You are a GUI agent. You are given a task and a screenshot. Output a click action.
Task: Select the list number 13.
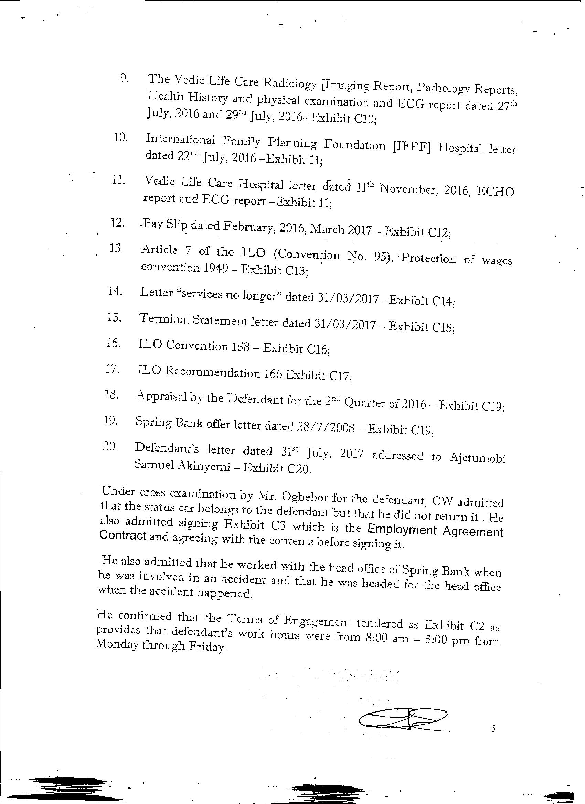coord(116,249)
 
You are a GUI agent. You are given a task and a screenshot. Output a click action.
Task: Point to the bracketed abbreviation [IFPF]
coord(412,146)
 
